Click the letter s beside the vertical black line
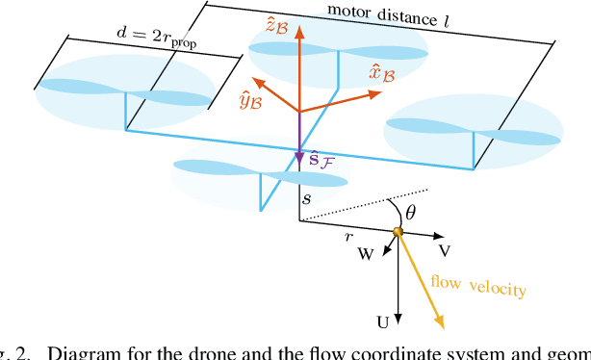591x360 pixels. pyautogui.click(x=307, y=199)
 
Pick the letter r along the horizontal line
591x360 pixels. pyautogui.click(x=350, y=236)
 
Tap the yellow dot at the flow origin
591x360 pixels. pyautogui.click(x=397, y=232)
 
